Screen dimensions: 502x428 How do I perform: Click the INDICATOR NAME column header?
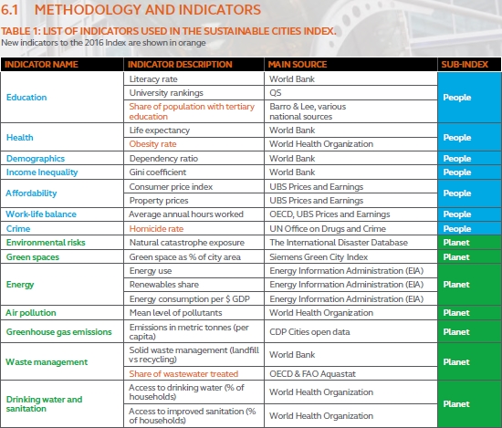pos(41,65)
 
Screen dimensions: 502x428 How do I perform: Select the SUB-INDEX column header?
pos(465,65)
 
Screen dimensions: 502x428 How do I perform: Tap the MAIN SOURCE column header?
pos(298,65)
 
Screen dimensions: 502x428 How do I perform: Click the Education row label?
pos(26,98)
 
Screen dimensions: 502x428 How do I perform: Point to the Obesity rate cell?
pos(152,144)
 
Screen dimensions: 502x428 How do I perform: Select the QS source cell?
pos(276,93)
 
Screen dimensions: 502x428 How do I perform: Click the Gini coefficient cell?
pos(158,172)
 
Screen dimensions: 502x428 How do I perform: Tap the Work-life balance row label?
pos(41,214)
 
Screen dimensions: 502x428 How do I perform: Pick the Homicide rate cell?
pos(156,228)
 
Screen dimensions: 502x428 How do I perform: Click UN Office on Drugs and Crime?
pos(328,228)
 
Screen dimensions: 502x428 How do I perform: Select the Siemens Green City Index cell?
pos(319,257)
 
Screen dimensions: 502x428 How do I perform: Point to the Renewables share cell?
pos(164,285)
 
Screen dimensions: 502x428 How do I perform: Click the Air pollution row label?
pos(31,313)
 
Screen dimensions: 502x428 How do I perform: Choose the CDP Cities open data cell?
pos(309,332)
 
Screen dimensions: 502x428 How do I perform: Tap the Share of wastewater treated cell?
pos(183,374)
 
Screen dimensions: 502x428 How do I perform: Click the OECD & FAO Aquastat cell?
pos(312,374)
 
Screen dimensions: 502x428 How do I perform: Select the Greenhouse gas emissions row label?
pos(59,332)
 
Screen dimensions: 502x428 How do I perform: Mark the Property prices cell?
pos(159,201)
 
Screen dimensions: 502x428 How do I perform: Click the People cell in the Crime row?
pos(457,228)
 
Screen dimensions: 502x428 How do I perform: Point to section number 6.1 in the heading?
pos(10,10)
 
